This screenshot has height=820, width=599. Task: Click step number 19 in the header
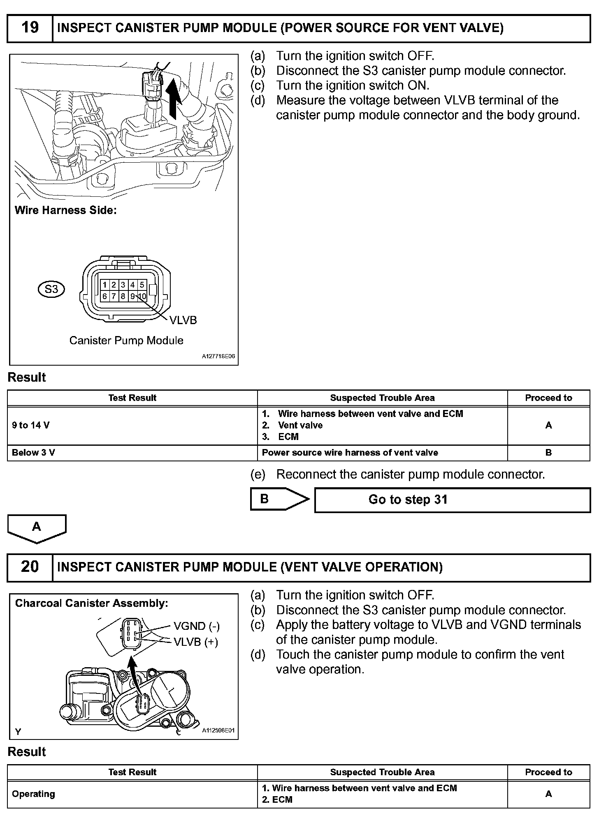30,28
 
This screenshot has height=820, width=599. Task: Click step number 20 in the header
30,567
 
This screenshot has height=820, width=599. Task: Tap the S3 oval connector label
51,289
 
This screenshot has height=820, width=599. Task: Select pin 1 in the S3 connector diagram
105,285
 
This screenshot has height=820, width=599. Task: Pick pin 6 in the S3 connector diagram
105,296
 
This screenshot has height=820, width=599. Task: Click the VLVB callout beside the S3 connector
183,320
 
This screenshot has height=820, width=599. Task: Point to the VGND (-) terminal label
197,626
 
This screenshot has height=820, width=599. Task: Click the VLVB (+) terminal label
196,642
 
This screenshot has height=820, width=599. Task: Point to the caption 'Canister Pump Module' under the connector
126,340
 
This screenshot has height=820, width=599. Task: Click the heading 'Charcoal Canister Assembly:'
92,603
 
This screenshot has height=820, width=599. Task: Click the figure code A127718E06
218,357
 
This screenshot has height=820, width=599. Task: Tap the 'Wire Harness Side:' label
66,210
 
